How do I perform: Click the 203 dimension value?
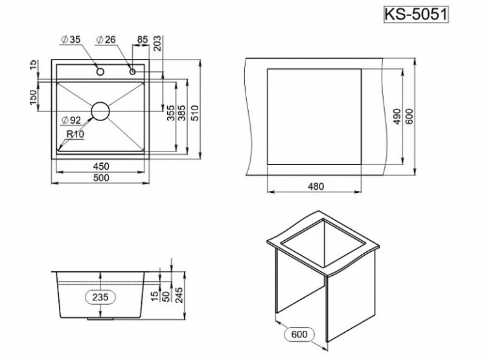157,44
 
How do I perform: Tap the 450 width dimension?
100,166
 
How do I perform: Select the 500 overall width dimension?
100,177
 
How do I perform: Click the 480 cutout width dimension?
315,186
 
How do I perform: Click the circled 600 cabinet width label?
299,335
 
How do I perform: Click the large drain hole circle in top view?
100,111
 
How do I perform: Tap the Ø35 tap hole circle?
100,70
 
